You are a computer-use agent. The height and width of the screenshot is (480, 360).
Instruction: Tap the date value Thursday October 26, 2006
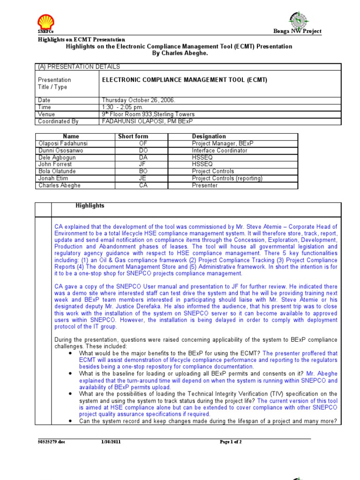click(132, 100)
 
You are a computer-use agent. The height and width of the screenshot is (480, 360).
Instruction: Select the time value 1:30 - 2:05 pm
click(122, 107)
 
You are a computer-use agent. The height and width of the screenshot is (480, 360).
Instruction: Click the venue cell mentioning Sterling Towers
click(148, 114)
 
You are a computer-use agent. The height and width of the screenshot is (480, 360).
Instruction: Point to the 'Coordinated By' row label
click(58, 121)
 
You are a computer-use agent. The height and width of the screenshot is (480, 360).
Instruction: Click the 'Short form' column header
click(133, 136)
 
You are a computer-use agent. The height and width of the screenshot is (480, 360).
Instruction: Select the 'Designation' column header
click(209, 136)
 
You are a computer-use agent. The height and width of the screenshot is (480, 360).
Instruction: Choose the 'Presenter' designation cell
click(205, 186)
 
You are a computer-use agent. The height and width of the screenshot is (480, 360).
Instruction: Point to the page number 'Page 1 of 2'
click(231, 442)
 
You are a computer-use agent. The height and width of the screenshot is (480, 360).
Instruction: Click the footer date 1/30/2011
click(111, 442)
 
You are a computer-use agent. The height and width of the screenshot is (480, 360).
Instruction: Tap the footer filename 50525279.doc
click(52, 442)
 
